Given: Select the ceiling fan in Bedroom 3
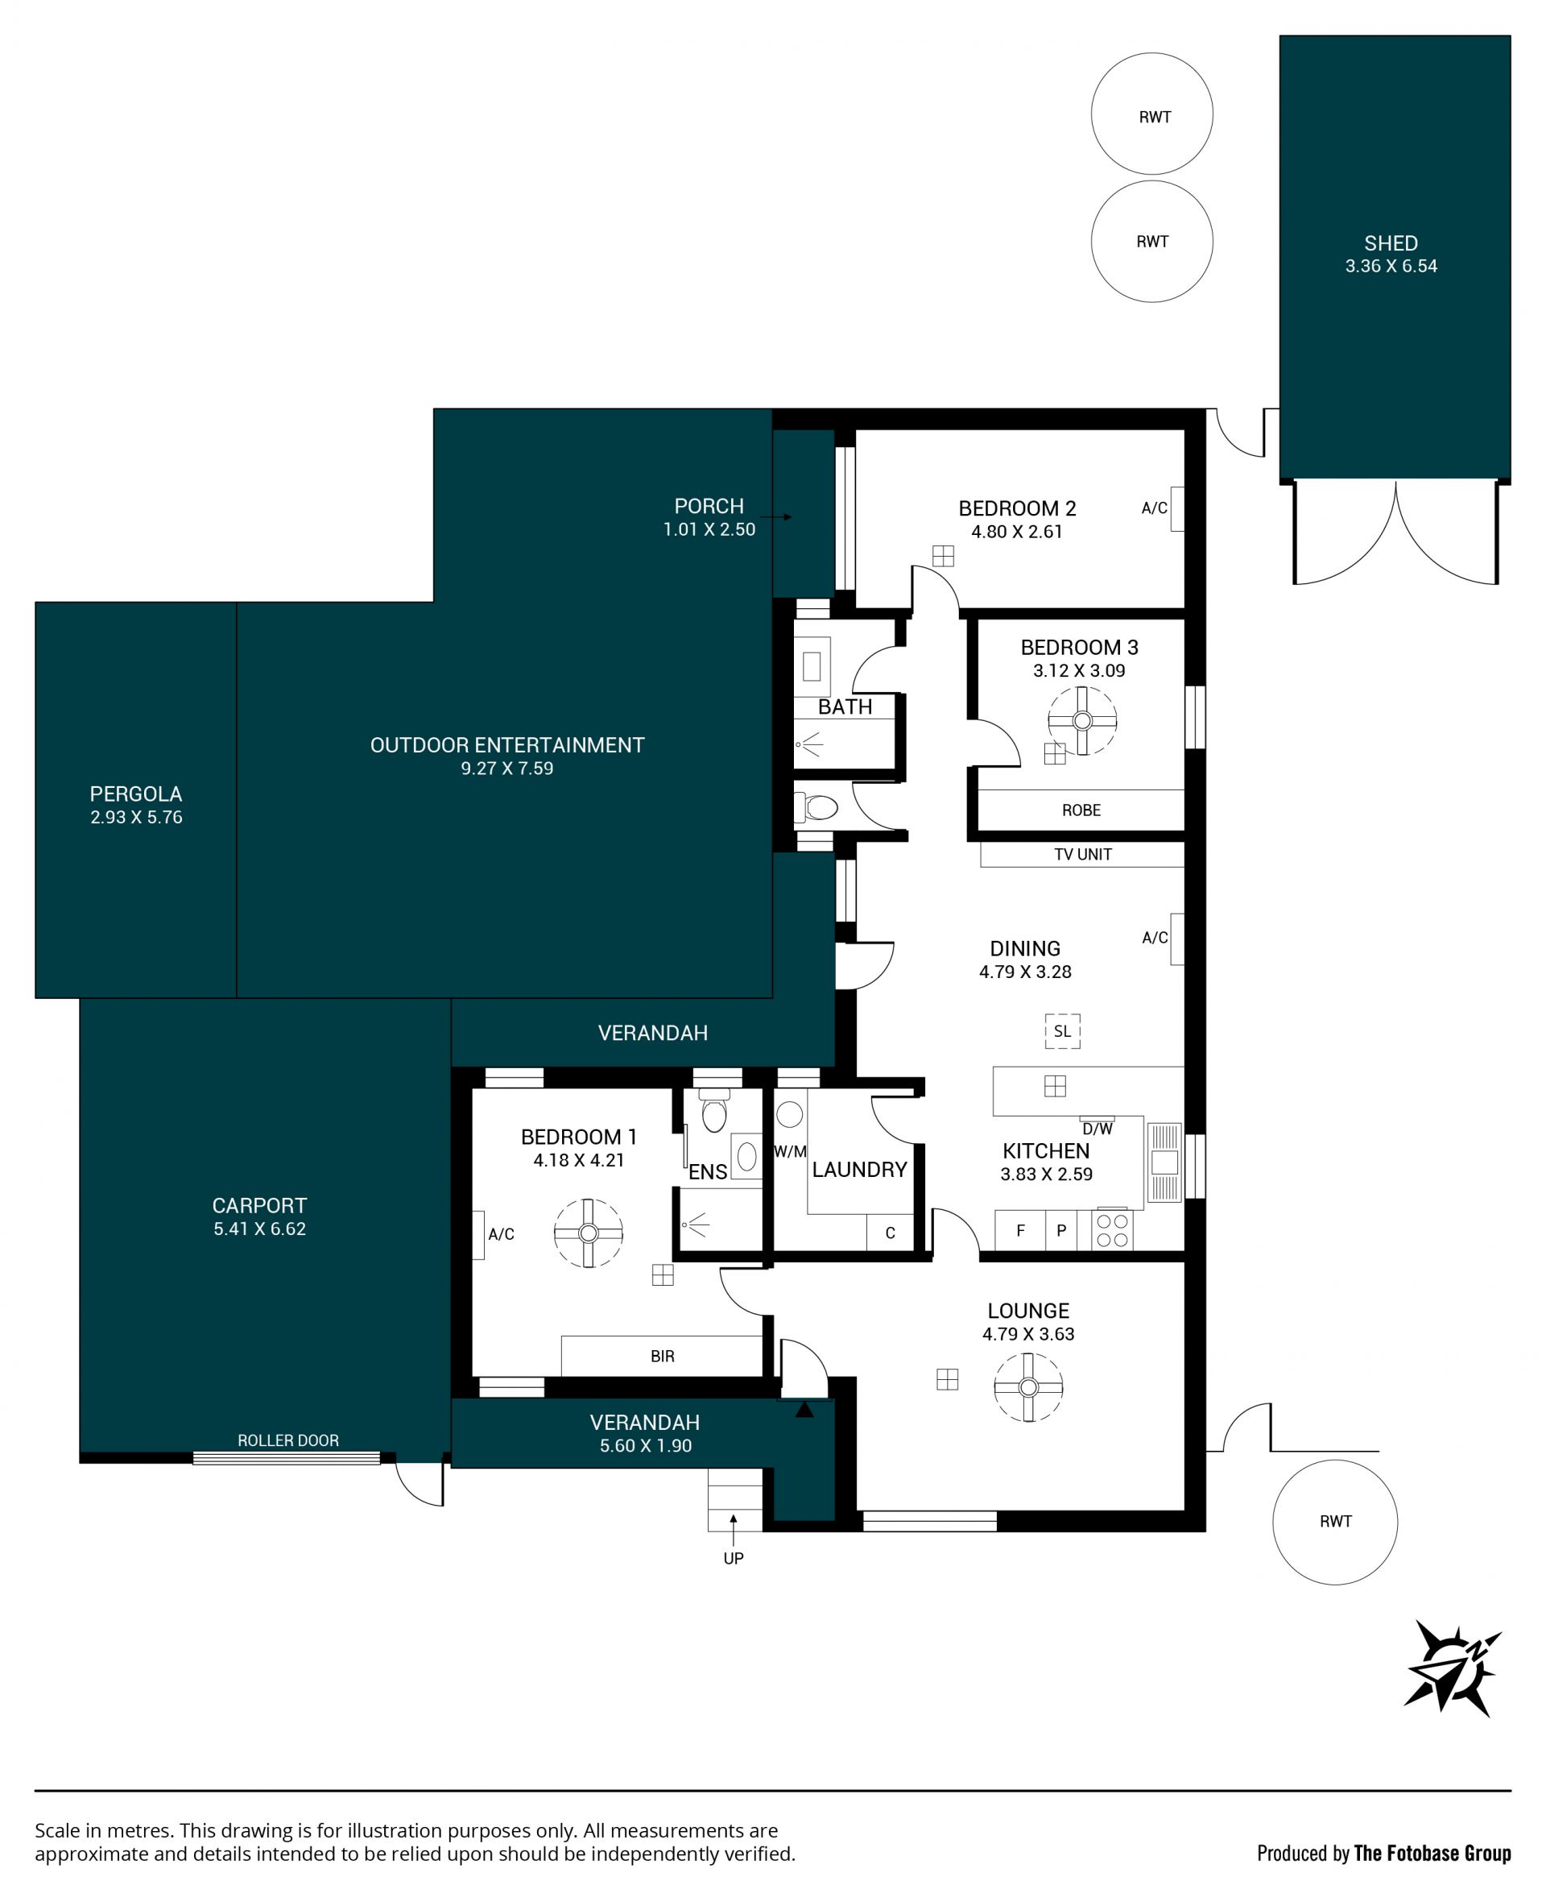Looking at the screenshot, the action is (1082, 721).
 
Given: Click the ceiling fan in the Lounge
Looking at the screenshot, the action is (1028, 1387).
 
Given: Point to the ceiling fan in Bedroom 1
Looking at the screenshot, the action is (588, 1233).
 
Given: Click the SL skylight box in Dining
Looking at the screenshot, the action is (1062, 1030).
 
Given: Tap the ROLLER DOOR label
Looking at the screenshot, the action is (287, 1440).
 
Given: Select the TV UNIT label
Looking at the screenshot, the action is (1083, 855).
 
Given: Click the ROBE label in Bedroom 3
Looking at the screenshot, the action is (1081, 810).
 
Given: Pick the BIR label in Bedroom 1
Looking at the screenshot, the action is (663, 1356).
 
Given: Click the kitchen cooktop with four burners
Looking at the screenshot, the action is (1112, 1230).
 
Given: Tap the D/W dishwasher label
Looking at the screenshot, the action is (1098, 1129).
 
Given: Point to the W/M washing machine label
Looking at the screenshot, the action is (790, 1151).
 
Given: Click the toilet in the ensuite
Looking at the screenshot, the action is (714, 1110).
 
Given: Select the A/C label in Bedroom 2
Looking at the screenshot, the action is (1154, 508).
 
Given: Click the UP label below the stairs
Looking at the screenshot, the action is (733, 1558).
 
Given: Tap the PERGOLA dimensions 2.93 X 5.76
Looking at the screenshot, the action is (136, 817).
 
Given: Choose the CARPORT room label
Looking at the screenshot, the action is (259, 1205).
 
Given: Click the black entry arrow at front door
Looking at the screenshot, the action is (804, 1409).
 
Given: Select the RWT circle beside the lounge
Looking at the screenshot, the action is (1335, 1522).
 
